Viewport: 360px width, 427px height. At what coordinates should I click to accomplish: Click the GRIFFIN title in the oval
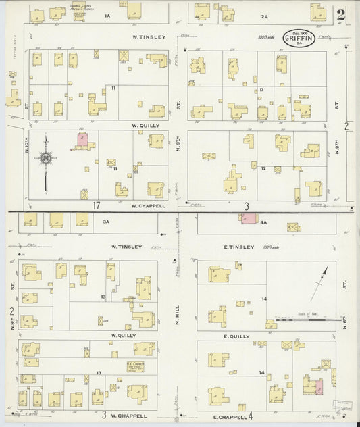coord(298,39)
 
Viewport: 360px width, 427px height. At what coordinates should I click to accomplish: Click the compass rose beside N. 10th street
coord(45,158)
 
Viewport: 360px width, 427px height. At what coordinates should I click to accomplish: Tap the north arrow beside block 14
coord(319,282)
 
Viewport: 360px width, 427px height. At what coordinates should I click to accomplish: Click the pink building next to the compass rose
coord(82,140)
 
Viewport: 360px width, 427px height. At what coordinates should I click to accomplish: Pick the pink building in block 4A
coord(249,219)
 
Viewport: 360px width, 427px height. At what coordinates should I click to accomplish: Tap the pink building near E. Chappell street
coord(318,386)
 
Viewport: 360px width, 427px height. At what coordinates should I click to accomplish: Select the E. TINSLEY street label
coord(238,247)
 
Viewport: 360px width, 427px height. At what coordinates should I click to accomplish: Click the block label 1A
coord(106,15)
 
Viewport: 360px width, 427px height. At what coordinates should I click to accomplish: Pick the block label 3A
coord(105,221)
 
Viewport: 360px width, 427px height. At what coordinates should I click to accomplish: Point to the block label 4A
coord(264,221)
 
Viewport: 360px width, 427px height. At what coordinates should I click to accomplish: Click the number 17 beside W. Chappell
coord(97,205)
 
